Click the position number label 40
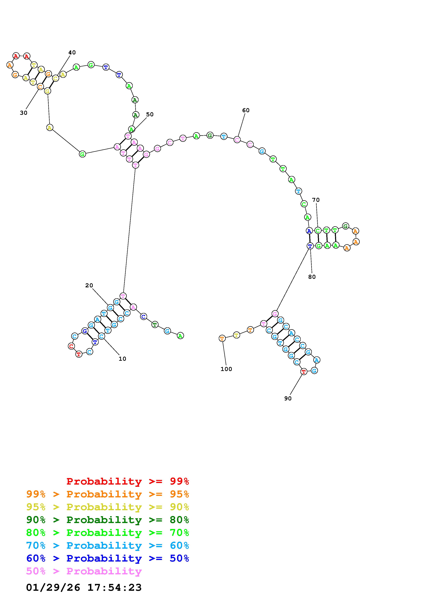[x=72, y=53]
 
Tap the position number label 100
[x=226, y=369]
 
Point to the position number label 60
[x=246, y=110]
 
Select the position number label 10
[x=122, y=359]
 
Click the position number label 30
[x=23, y=113]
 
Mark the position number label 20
[x=89, y=285]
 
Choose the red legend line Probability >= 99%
[x=128, y=481]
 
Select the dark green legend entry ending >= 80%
[x=108, y=520]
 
